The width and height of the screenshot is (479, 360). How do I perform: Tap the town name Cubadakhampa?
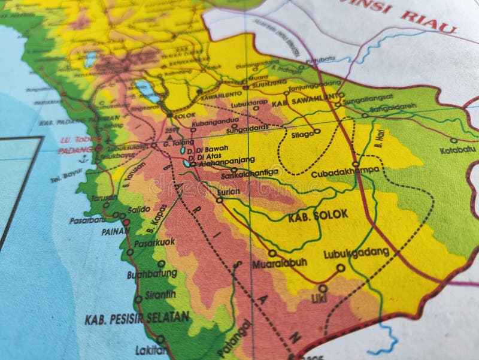(345, 173)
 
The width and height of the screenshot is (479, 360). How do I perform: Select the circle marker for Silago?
(317, 131)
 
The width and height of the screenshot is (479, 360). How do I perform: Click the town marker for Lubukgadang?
(341, 268)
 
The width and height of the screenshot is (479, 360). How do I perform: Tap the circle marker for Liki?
(323, 288)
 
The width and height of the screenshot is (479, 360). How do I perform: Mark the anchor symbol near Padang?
(84, 159)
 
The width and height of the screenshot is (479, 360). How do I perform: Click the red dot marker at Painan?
(126, 222)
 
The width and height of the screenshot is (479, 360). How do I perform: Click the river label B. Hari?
(379, 139)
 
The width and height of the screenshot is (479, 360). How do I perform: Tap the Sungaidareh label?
(392, 108)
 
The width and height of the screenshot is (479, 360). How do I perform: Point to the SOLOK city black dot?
(169, 114)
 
